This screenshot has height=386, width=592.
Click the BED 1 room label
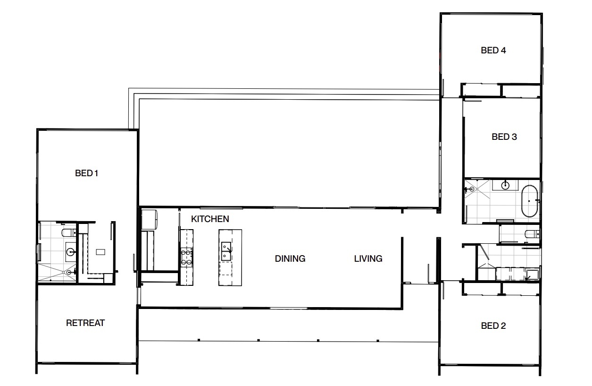86,173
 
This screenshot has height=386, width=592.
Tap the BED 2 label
493,326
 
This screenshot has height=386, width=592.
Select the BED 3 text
504,137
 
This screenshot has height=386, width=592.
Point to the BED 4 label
493,50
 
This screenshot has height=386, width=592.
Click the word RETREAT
85,323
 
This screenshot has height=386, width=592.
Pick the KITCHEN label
210,219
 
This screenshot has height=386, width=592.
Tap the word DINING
290,258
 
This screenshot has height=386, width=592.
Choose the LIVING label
368,258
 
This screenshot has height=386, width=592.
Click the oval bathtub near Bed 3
529,201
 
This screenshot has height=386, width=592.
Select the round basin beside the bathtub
505,185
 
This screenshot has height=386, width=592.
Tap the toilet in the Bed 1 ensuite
69,233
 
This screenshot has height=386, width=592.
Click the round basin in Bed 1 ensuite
71,252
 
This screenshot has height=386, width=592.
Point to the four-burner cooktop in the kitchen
186,257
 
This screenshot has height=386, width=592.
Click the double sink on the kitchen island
226,251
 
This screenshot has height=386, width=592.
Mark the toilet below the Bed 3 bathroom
532,234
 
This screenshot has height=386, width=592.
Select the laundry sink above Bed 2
532,274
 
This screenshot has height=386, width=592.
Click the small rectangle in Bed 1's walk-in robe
100,252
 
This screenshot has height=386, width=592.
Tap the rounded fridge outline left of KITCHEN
150,220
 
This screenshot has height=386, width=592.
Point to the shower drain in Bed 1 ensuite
69,272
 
